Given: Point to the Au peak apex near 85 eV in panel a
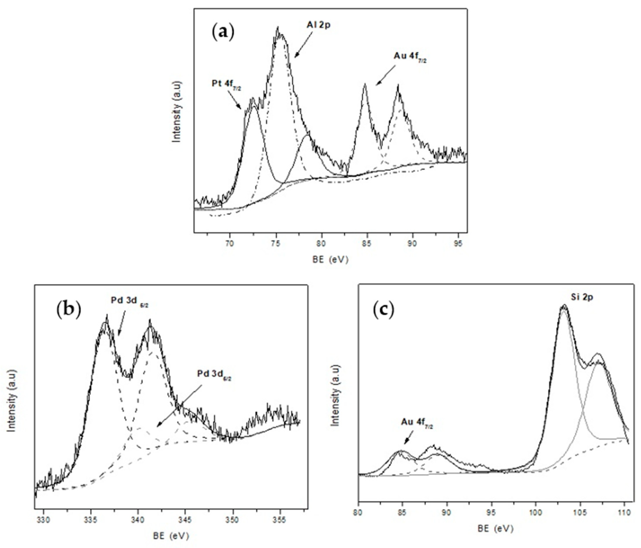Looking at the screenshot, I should [x=365, y=84].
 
